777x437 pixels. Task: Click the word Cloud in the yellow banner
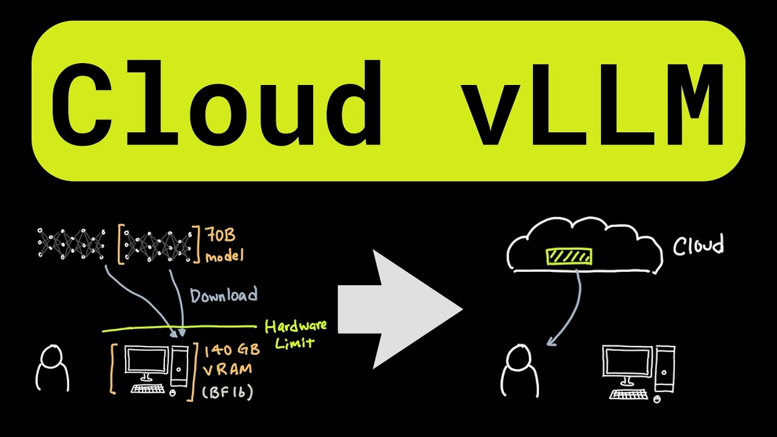[217, 103]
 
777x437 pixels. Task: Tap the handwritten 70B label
[220, 235]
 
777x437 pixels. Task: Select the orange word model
[225, 256]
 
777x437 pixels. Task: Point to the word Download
[224, 295]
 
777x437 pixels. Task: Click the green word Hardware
[296, 326]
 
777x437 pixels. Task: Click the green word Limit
[294, 343]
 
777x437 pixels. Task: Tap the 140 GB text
[232, 350]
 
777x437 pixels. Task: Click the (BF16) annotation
[228, 392]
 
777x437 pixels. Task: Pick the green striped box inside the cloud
[569, 256]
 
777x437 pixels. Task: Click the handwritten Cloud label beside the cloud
[699, 245]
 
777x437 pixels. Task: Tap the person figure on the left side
[52, 368]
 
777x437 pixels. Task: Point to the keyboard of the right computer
[629, 395]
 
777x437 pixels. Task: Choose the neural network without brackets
[71, 243]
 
